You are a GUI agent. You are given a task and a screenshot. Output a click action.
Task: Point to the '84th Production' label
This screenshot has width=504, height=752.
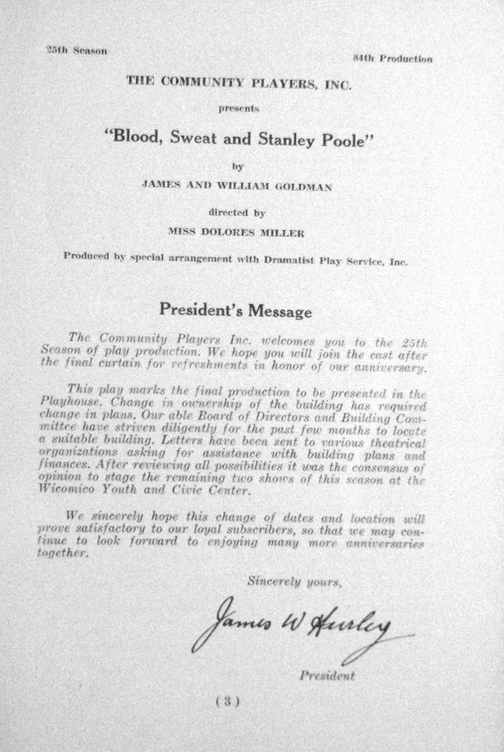(x=392, y=59)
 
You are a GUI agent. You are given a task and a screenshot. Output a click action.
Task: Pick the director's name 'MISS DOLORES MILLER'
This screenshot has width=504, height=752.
(x=252, y=231)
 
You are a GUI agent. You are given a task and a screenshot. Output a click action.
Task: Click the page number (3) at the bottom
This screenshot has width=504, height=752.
(x=225, y=699)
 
